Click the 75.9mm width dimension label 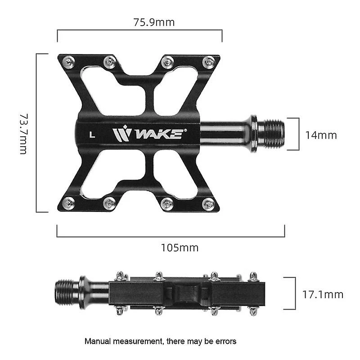pos(154,22)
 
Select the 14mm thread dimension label pos(321,135)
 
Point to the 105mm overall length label pos(180,247)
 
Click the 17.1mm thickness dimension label pos(323,294)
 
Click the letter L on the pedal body pos(92,134)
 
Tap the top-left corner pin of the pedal pos(68,62)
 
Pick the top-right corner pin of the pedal pos(208,62)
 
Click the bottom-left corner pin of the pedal pos(68,203)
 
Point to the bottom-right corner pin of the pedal pos(208,204)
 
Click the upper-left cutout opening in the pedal pos(112,90)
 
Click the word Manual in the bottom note pos(96,341)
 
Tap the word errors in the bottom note pos(225,341)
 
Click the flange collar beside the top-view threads pos(254,134)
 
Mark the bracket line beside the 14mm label pos(299,134)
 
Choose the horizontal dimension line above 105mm pos(171,237)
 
